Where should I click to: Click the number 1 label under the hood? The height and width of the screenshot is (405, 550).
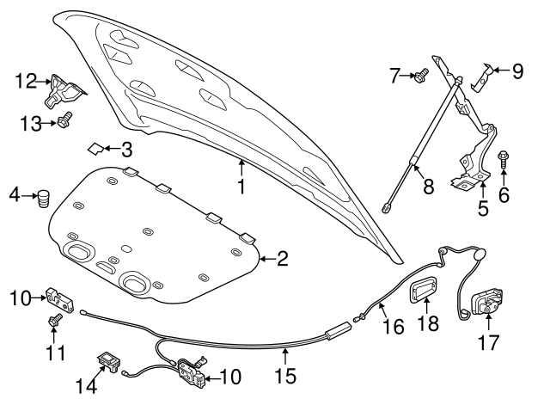click(242, 186)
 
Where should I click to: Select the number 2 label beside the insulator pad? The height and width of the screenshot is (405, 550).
click(282, 258)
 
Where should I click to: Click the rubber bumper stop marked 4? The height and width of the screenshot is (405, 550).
click(42, 199)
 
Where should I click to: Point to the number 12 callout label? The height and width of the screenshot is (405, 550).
click(26, 83)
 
